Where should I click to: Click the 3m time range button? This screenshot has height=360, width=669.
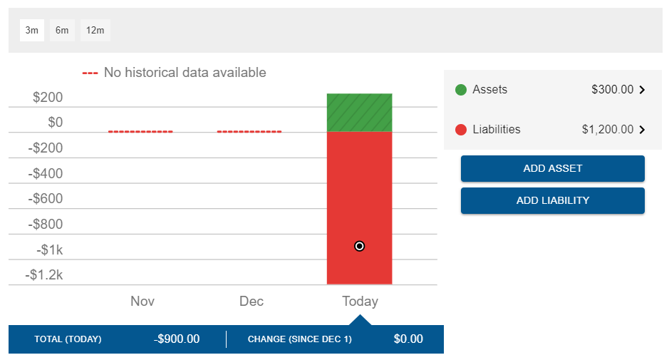[x=31, y=30]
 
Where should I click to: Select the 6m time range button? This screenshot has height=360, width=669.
[x=62, y=30]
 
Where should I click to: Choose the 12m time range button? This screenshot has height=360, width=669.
[x=95, y=30]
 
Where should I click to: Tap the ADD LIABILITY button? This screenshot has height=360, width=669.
[x=552, y=200]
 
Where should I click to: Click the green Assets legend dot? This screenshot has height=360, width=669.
[x=460, y=90]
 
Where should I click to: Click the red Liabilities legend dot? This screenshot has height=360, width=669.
[x=460, y=130]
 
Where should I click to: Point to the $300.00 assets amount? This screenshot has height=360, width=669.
[x=612, y=90]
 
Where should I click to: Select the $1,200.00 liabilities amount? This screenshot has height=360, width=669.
[x=607, y=130]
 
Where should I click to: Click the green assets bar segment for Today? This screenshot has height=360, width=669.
[x=359, y=113]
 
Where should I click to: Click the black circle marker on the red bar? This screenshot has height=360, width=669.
[x=360, y=246]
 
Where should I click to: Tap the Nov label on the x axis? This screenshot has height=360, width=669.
[x=142, y=301]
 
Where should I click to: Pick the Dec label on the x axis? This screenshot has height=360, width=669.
[x=251, y=301]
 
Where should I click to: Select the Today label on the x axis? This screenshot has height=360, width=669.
[x=360, y=301]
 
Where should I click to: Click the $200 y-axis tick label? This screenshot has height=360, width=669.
[x=48, y=98]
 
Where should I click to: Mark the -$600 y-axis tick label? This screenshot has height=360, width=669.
[x=45, y=199]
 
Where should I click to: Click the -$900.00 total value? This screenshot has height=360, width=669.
[x=177, y=339]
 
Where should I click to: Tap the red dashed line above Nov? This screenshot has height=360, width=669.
[x=140, y=132]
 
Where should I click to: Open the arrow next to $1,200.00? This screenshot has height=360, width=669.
[x=642, y=130]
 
